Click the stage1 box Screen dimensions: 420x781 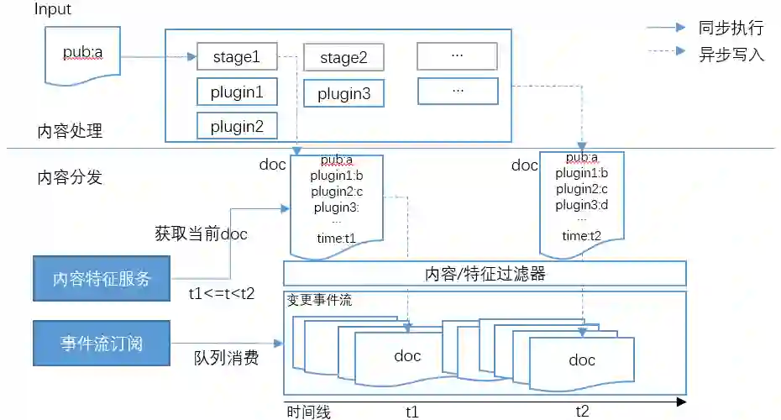[x=236, y=57]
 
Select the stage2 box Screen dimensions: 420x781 [x=343, y=58]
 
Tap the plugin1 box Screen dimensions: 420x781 [x=236, y=92]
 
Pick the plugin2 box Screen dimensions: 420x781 [x=236, y=126]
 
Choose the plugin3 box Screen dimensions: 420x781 [x=343, y=94]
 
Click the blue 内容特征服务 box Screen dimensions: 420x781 [x=101, y=280]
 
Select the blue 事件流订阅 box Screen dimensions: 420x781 [x=101, y=343]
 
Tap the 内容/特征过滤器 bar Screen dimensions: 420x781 [x=485, y=274]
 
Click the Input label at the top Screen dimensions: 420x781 [x=53, y=9]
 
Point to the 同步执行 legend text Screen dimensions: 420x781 [x=731, y=28]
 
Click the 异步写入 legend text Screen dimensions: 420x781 [x=731, y=55]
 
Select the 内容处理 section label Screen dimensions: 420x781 [x=70, y=130]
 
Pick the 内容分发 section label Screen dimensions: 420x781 [x=70, y=177]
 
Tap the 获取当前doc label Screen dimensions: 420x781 [x=201, y=234]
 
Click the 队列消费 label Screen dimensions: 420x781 [x=226, y=358]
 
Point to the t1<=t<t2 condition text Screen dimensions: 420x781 [x=221, y=294]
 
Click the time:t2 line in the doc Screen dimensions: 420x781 [x=582, y=236]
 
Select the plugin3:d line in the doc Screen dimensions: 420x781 [x=582, y=205]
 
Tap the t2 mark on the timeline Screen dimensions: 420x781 [x=582, y=411]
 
